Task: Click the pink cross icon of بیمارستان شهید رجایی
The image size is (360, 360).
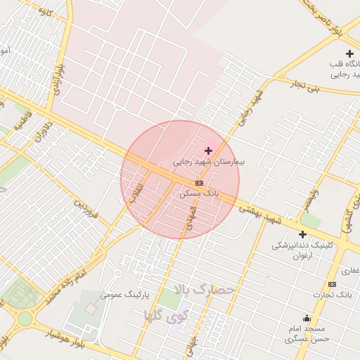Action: pyautogui.click(x=208, y=150)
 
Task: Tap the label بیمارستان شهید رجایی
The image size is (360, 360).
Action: pyautogui.click(x=209, y=162)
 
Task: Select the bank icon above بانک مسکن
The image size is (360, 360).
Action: pyautogui.click(x=199, y=182)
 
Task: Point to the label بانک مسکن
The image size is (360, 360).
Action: pyautogui.click(x=199, y=192)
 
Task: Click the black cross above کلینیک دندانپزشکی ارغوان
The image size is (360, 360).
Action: pyautogui.click(x=302, y=234)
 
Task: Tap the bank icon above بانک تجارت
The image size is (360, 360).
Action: pyautogui.click(x=332, y=284)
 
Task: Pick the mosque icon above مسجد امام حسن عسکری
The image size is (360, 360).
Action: pyautogui.click(x=306, y=318)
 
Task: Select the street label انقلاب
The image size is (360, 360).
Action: pyautogui.click(x=136, y=193)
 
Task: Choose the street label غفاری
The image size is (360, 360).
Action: pyautogui.click(x=349, y=270)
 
